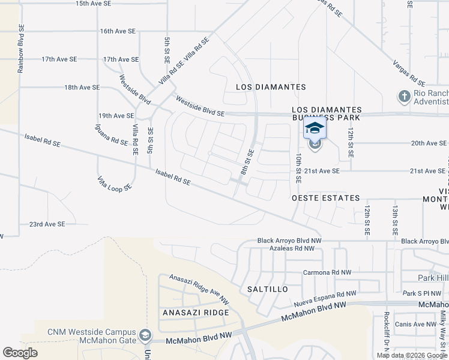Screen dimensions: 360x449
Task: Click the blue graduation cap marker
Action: pyautogui.click(x=315, y=128)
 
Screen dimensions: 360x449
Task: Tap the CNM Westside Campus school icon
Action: pyautogui.click(x=145, y=334)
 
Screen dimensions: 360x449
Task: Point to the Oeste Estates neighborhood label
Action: pyautogui.click(x=325, y=198)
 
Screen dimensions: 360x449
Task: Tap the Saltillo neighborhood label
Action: pyautogui.click(x=268, y=289)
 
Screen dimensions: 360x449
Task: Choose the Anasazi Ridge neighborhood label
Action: pyautogui.click(x=196, y=313)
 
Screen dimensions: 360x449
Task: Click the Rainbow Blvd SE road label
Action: pyautogui.click(x=20, y=49)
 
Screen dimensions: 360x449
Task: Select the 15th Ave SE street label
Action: pyautogui.click(x=94, y=4)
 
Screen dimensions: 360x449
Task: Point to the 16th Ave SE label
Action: pyautogui.click(x=118, y=31)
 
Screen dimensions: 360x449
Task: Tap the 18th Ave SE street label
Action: pyautogui.click(x=82, y=88)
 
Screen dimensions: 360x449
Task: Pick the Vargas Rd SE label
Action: pyautogui.click(x=408, y=71)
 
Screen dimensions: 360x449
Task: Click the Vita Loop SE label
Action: pyautogui.click(x=115, y=184)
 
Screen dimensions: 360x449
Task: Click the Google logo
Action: pyautogui.click(x=20, y=352)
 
